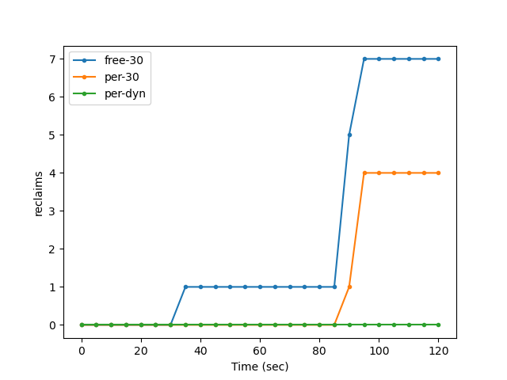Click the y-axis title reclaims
tap(39, 193)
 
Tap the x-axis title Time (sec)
tap(260, 367)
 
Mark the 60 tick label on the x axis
tap(260, 350)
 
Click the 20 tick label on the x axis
tap(141, 350)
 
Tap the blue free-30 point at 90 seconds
tap(349, 135)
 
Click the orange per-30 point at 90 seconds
tap(349, 287)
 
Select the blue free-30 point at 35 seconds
tap(185, 287)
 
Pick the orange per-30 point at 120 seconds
tap(438, 173)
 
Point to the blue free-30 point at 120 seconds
tap(438, 59)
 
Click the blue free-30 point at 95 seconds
tap(364, 59)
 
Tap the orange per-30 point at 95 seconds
tap(364, 173)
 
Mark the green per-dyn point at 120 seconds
tap(438, 325)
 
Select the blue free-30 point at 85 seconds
tap(334, 287)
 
